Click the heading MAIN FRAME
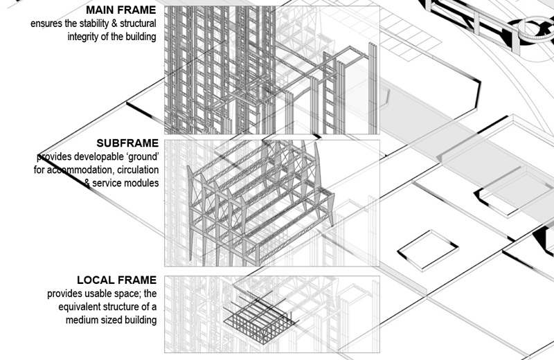click(120, 10)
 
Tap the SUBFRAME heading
click(127, 143)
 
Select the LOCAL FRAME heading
click(116, 280)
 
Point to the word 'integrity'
click(83, 37)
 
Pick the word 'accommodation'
click(80, 170)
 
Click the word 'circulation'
click(138, 170)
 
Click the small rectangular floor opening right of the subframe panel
click(428, 250)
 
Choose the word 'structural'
click(138, 24)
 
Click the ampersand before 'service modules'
click(87, 183)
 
